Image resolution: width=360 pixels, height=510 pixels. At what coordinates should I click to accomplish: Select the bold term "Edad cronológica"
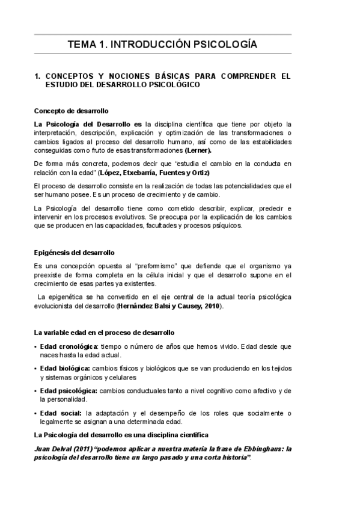click(x=69, y=347)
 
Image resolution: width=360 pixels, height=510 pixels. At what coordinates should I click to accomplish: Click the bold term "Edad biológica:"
click(x=66, y=368)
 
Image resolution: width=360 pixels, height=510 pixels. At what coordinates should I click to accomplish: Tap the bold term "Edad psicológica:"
click(x=69, y=390)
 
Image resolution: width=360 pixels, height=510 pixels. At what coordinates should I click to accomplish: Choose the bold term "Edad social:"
click(x=61, y=413)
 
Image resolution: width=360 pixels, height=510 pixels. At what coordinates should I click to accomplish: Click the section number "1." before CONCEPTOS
click(x=37, y=76)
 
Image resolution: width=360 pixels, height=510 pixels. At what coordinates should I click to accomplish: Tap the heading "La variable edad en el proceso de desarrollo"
click(x=105, y=333)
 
